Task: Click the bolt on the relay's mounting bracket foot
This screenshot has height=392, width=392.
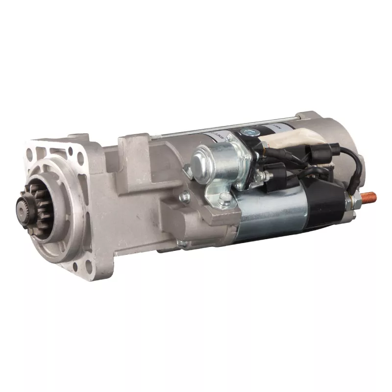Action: pos(224,198)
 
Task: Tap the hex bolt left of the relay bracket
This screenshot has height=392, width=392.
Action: pos(185,197)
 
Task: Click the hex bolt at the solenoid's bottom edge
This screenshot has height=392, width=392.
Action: pos(182,243)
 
